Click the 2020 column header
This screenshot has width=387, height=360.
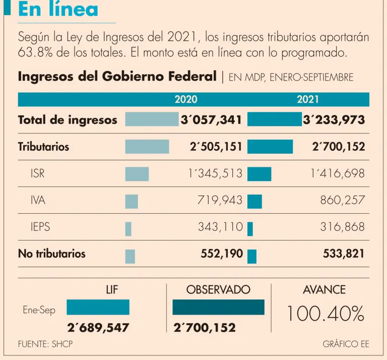point(185,100)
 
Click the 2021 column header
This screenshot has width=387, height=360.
point(308,100)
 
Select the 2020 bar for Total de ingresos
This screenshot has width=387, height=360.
point(152,119)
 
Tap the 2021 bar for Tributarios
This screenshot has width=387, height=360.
point(270,147)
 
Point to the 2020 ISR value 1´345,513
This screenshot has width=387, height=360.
point(215,174)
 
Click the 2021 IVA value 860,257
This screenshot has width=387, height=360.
point(342,201)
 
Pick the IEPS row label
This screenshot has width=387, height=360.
point(40,227)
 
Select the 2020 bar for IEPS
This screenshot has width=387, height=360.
point(128,229)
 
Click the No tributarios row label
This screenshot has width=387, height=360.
point(51,254)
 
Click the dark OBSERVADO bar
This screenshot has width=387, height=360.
point(218,307)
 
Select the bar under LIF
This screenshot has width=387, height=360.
point(98,307)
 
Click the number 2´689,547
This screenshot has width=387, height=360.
point(98,328)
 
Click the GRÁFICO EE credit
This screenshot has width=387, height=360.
point(346,344)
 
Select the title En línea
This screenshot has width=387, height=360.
point(58,10)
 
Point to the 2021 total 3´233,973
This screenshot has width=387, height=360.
point(334,119)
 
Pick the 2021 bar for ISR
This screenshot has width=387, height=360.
point(259,174)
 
